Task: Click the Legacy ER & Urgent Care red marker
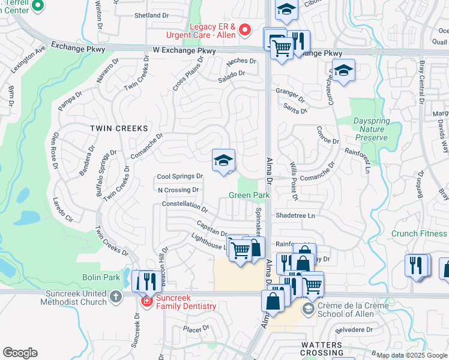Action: click(244, 29)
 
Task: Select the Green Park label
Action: click(249, 196)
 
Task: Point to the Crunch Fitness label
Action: click(418, 234)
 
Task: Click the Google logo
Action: click(20, 353)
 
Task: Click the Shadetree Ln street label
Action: click(295, 215)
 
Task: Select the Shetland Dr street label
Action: click(157, 15)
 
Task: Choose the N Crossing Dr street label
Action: click(178, 190)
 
